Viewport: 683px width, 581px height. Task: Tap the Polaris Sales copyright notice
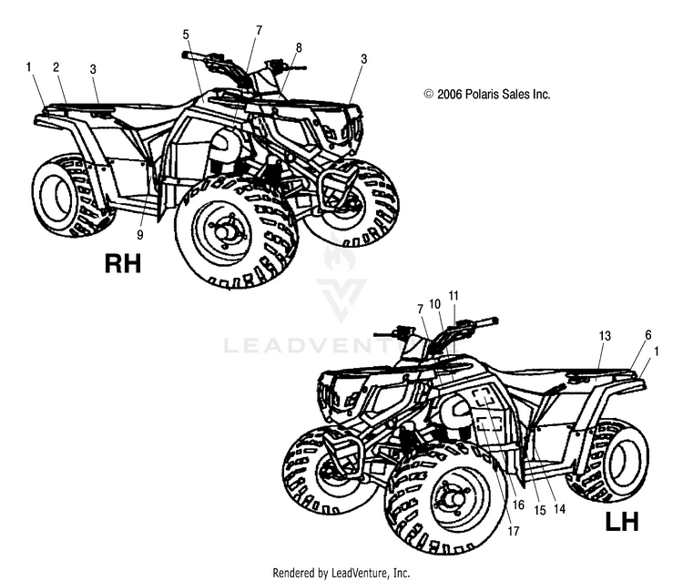click(487, 94)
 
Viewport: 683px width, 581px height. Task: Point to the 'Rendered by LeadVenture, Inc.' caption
click(341, 572)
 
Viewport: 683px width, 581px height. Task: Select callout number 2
click(56, 67)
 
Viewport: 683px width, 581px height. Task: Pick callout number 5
click(186, 35)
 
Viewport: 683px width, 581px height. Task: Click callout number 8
click(298, 47)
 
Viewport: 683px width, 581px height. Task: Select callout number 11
click(454, 296)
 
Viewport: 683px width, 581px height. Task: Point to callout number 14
click(559, 509)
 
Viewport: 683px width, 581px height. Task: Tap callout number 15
click(540, 511)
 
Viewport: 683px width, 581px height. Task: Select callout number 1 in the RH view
click(29, 66)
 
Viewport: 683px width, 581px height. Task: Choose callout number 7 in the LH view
click(420, 310)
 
